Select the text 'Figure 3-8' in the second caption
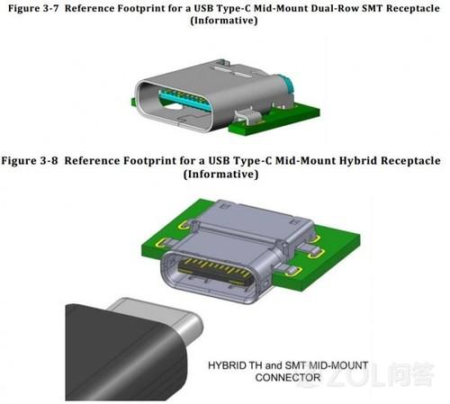(30, 160)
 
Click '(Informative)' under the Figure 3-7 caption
(224, 21)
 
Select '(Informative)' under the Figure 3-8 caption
(221, 174)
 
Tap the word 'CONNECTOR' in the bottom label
(288, 377)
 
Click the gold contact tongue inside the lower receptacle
(214, 271)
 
